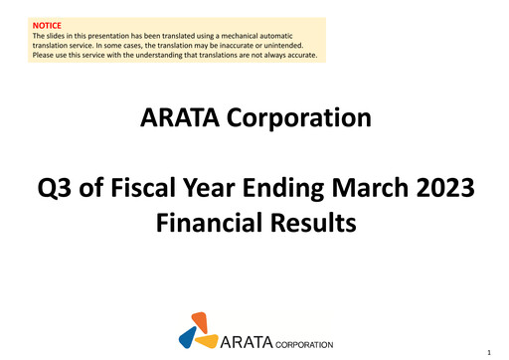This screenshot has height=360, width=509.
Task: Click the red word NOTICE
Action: [46, 24]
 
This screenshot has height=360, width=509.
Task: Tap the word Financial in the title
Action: [207, 224]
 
